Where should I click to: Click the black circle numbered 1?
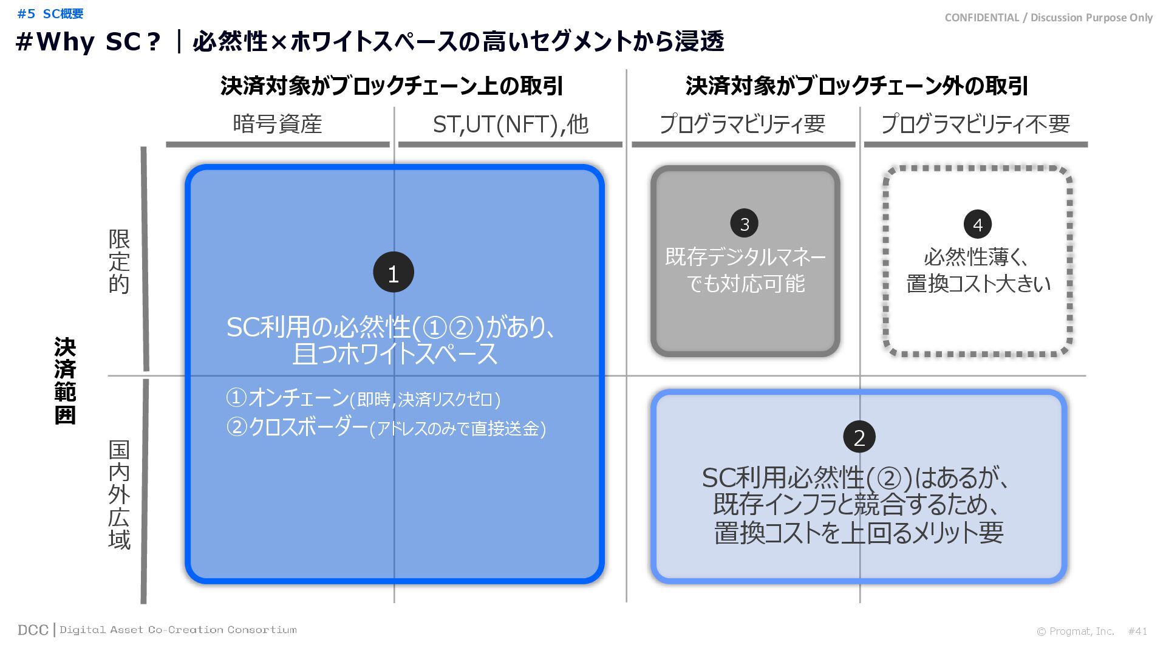tap(393, 273)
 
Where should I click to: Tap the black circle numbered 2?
tap(859, 437)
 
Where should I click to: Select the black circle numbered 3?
tap(745, 224)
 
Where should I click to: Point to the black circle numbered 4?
tap(977, 224)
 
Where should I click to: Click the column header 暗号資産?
tap(278, 124)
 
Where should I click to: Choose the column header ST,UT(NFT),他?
tap(510, 124)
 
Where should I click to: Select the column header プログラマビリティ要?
tap(742, 124)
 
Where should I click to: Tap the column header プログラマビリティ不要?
tap(975, 124)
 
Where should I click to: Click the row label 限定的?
tap(119, 261)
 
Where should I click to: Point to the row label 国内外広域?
tap(119, 494)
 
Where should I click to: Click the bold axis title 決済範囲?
tap(65, 381)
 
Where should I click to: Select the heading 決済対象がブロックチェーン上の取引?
tap(392, 86)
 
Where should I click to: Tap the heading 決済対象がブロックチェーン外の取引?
tap(856, 86)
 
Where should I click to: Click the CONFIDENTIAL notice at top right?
tap(1048, 18)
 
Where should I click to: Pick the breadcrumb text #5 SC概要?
tap(50, 13)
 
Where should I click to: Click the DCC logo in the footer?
tap(33, 630)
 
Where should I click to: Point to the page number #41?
tap(1137, 631)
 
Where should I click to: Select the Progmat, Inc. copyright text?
tap(1076, 631)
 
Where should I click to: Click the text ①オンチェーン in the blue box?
tap(287, 398)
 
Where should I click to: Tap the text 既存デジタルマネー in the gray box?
tap(745, 257)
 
